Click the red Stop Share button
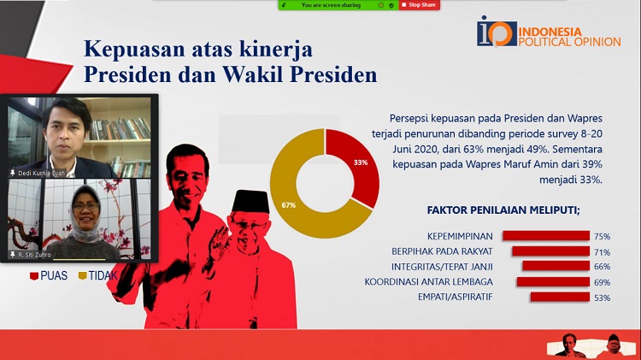point(419,5)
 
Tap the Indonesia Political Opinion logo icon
point(497,32)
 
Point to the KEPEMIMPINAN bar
point(546,236)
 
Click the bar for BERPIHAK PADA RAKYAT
point(550,251)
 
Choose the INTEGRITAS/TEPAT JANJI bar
point(556,266)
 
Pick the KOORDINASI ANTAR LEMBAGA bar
point(553,281)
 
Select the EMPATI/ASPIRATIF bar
point(560,297)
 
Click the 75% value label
point(603,237)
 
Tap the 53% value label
point(603,298)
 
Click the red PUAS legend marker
point(34,276)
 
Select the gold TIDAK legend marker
point(83,275)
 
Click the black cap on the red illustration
point(250,201)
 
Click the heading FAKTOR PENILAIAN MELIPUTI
point(503,210)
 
